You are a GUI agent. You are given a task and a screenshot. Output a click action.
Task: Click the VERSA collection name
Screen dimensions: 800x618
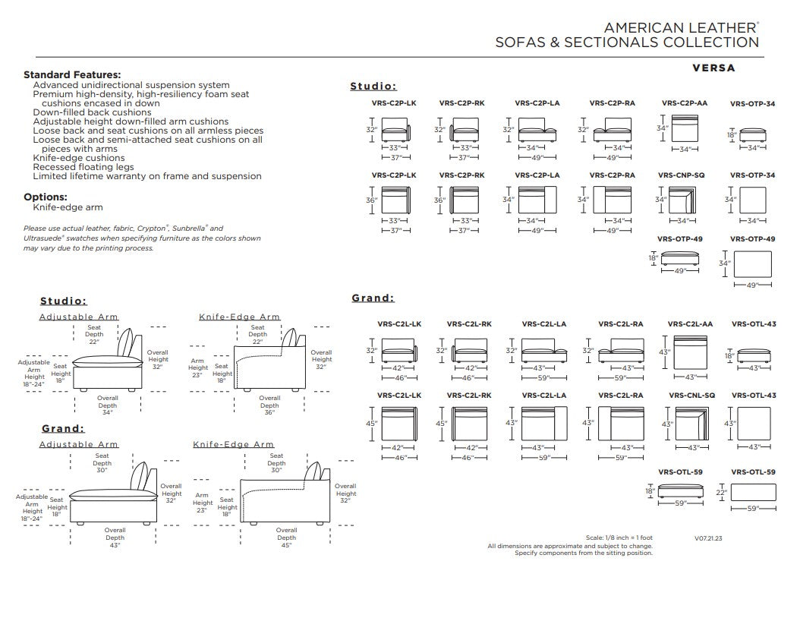click(713, 68)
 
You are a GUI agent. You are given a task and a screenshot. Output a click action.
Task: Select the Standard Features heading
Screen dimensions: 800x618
click(72, 75)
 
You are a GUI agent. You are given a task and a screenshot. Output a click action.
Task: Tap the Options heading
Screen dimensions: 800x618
click(46, 197)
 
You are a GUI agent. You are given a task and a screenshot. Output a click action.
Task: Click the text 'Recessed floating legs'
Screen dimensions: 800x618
click(83, 167)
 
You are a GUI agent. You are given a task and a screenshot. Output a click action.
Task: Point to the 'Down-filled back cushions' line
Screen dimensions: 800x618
click(92, 112)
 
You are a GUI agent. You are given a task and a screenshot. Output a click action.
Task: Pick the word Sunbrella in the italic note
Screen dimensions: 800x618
click(189, 228)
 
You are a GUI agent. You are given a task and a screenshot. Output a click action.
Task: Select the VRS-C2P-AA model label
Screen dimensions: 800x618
click(685, 103)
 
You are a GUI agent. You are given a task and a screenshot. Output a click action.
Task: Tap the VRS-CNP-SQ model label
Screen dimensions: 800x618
click(681, 175)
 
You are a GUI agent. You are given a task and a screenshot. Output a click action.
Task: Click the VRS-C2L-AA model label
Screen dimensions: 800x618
click(690, 324)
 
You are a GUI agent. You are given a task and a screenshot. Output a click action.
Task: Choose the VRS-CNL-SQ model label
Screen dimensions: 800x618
click(691, 396)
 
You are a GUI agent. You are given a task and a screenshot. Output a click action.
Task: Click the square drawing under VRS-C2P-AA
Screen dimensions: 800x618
click(685, 128)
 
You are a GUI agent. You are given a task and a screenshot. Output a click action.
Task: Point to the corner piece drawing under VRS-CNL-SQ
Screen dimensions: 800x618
click(691, 424)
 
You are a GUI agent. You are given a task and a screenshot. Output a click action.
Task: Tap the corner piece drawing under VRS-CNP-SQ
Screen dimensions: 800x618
click(682, 200)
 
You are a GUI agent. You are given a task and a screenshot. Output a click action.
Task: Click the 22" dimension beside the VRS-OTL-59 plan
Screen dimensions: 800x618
click(720, 493)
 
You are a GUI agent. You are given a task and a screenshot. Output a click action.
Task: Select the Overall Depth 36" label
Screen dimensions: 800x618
click(269, 405)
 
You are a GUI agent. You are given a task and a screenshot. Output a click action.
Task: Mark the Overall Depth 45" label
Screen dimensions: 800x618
click(286, 538)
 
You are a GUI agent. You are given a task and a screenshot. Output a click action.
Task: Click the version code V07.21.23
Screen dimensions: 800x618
click(708, 538)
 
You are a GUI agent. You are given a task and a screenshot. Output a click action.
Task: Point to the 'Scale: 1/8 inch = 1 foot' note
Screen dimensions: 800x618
click(619, 538)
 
